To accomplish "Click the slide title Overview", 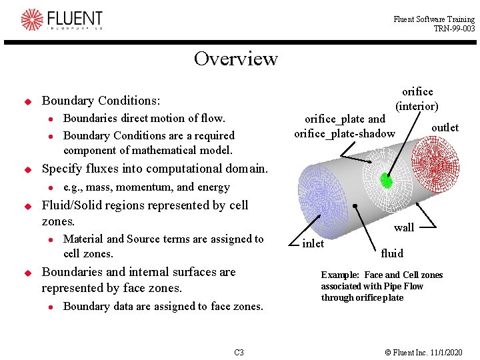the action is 235,59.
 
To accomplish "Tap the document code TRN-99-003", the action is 454,29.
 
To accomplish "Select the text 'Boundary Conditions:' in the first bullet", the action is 101,101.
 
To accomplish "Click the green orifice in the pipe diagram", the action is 385,180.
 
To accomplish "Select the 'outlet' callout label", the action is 445,127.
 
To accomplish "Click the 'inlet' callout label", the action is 313,243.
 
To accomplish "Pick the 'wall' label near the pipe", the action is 403,227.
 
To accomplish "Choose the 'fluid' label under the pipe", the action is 392,253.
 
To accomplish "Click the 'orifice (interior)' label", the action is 417,99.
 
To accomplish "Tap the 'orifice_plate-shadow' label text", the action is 344,134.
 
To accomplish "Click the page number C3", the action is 239,352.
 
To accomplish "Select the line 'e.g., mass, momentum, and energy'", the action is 146,187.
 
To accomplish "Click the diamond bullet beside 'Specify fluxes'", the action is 28,169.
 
